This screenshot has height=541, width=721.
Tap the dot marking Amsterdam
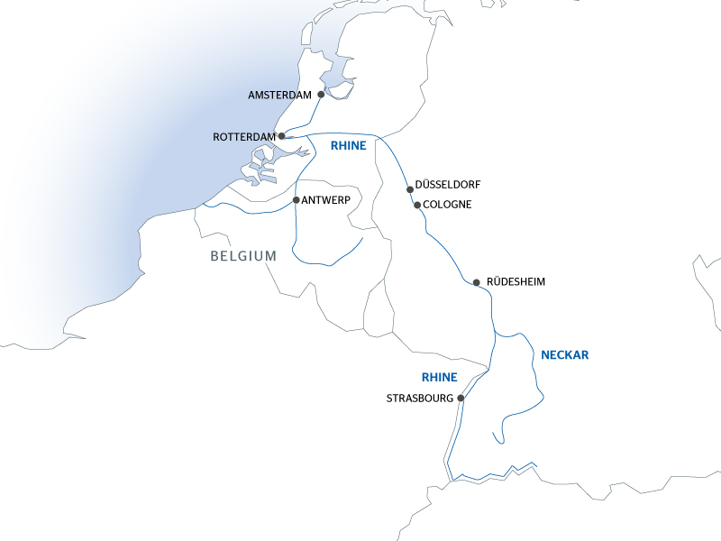[321, 93]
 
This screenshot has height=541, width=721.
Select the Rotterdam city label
[243, 137]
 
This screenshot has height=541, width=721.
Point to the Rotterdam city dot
[282, 136]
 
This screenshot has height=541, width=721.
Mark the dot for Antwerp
[296, 200]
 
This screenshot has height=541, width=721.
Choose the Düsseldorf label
[448, 184]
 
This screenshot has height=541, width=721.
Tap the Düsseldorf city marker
[410, 189]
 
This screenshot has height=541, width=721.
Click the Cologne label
[447, 205]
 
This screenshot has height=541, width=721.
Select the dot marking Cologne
[417, 205]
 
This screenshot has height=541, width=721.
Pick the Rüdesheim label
[516, 282]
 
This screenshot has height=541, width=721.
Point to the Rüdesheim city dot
[476, 282]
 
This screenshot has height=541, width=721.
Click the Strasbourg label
[420, 398]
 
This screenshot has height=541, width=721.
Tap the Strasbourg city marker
[461, 398]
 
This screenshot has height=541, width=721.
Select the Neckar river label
[564, 355]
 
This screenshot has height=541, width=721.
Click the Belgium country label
[243, 256]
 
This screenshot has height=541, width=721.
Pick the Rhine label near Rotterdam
[349, 145]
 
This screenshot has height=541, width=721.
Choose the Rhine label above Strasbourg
[440, 377]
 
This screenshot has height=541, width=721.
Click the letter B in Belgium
[215, 256]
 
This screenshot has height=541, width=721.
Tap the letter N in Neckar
[544, 355]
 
